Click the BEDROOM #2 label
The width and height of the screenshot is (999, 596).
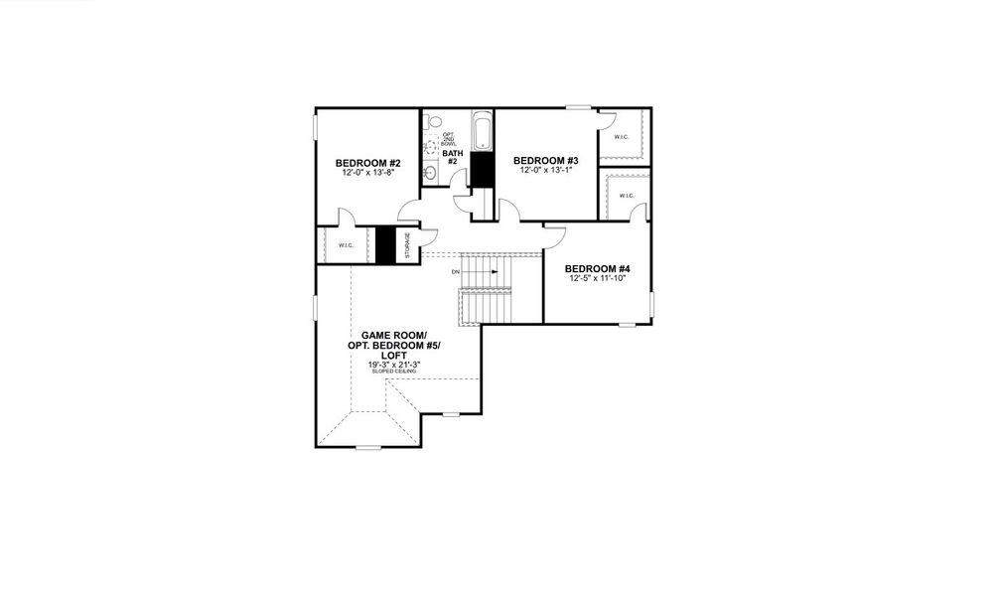click(367, 163)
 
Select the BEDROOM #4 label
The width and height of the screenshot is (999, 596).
click(598, 269)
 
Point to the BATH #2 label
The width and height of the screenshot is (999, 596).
click(451, 157)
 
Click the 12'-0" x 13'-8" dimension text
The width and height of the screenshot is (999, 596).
click(367, 173)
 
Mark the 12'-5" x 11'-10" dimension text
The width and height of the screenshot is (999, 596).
click(598, 279)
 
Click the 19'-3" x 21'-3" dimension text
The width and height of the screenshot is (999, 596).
click(395, 365)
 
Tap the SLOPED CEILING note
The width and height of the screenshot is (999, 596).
click(395, 372)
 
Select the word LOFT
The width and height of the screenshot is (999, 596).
click(395, 355)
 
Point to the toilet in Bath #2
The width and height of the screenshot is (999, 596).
click(432, 122)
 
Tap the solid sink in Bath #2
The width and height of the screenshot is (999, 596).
click(429, 174)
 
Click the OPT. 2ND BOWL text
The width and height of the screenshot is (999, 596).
click(449, 139)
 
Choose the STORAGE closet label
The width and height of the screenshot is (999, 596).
click(406, 244)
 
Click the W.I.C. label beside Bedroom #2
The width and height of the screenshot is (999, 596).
click(346, 245)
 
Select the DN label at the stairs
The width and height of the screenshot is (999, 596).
click(455, 271)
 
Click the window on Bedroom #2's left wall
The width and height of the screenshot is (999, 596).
click(317, 128)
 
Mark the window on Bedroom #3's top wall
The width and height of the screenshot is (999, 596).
click(578, 107)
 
